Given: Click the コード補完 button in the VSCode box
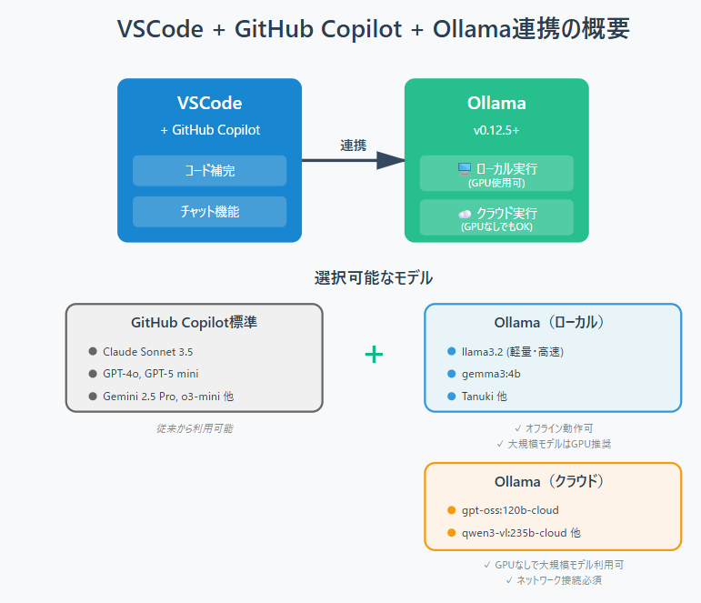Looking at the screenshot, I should pos(209,170).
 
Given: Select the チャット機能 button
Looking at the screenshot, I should pos(209,211).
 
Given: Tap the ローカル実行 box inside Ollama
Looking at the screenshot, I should pos(496,173).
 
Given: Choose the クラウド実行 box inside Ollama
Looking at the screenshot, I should pos(496,217).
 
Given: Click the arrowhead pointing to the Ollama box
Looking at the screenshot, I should pos(390,161).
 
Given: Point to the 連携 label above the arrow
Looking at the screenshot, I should pos(354,145).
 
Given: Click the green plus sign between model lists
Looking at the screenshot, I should pos(374,355).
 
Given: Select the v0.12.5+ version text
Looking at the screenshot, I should pos(496,130).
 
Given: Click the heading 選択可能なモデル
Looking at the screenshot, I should pos(374,277).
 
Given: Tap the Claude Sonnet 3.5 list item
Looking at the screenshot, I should pos(147,351).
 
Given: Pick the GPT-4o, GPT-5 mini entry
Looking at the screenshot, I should pos(151,374).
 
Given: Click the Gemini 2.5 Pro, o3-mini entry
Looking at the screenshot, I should pos(168,396).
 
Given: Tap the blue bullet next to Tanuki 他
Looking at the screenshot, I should pos(452,396).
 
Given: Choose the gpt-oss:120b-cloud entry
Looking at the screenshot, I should pos(510,510).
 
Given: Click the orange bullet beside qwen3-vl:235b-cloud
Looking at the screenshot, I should pos(452,532).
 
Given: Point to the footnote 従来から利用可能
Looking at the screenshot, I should pos(194,427).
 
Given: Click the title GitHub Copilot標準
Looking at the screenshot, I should pos(194,323).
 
